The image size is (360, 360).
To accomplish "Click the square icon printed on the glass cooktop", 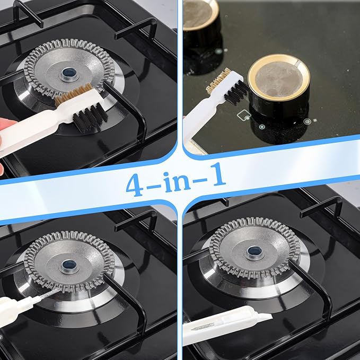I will [244, 115].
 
